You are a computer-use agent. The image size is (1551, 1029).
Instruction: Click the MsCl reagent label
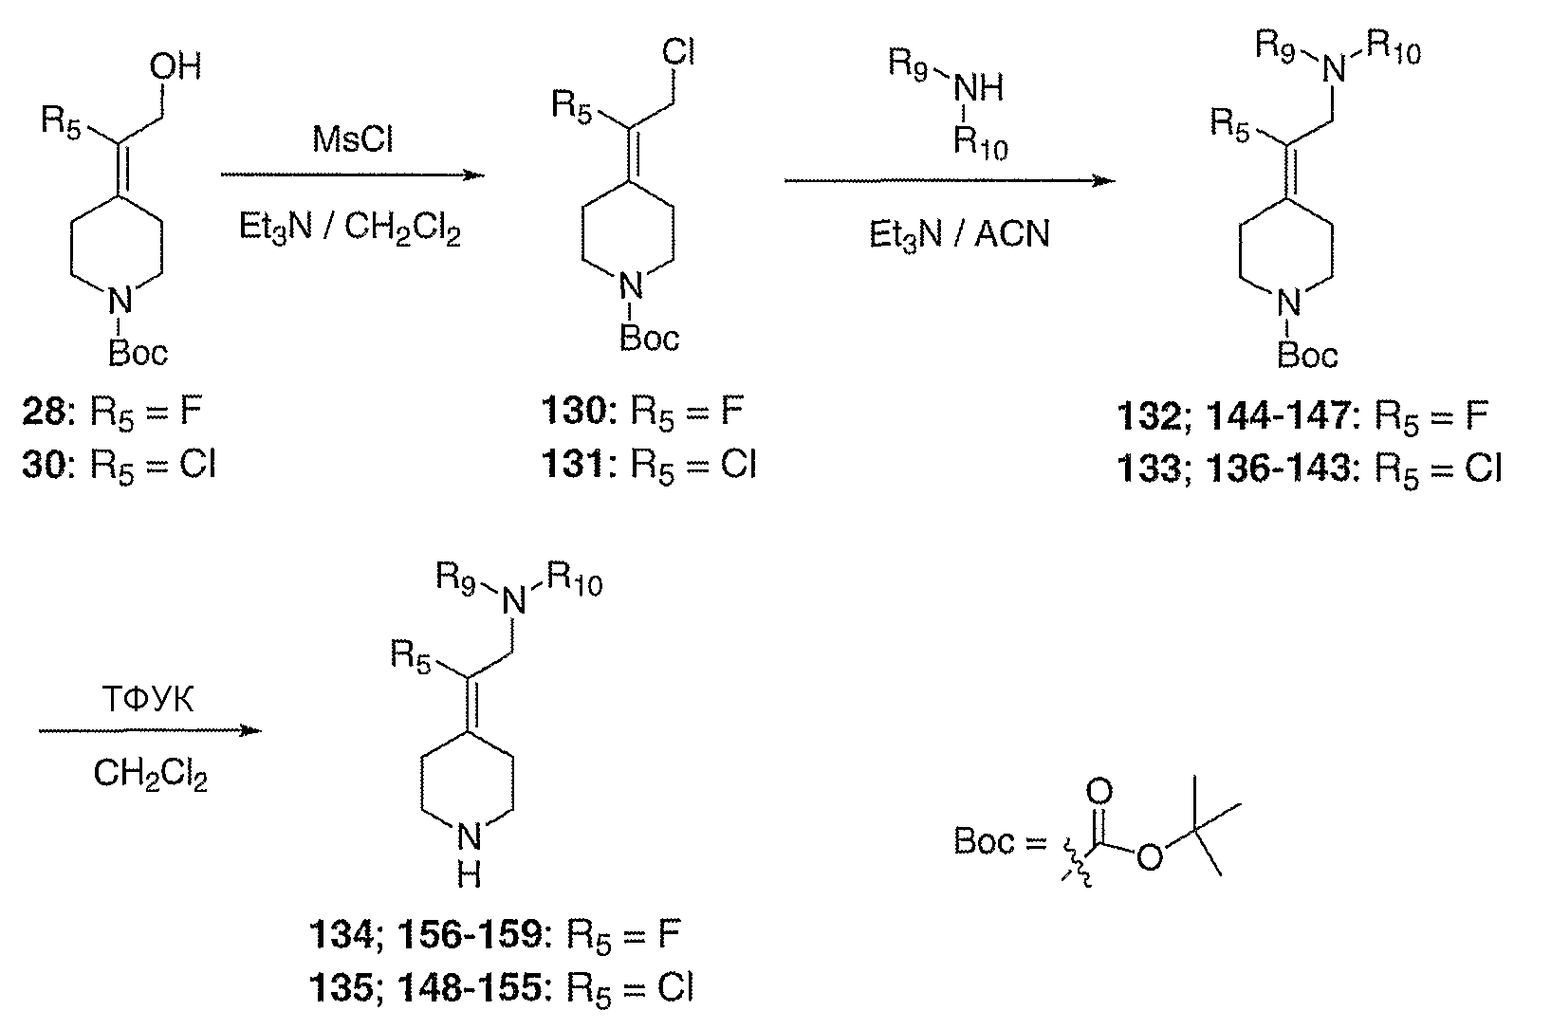352,141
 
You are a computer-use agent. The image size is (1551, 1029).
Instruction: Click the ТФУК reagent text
149,700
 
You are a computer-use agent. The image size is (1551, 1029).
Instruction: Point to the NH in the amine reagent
978,89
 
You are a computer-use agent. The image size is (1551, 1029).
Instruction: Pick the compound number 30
44,466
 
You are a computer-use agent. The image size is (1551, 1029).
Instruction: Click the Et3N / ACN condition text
959,233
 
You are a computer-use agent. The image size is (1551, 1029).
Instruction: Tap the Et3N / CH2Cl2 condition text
350,230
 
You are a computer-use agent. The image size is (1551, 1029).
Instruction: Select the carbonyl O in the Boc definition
1100,793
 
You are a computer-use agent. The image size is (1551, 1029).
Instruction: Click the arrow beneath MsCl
352,175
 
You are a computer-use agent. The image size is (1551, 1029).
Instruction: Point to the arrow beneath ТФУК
149,731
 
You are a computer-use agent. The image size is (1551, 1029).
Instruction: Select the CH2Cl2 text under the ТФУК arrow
150,775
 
